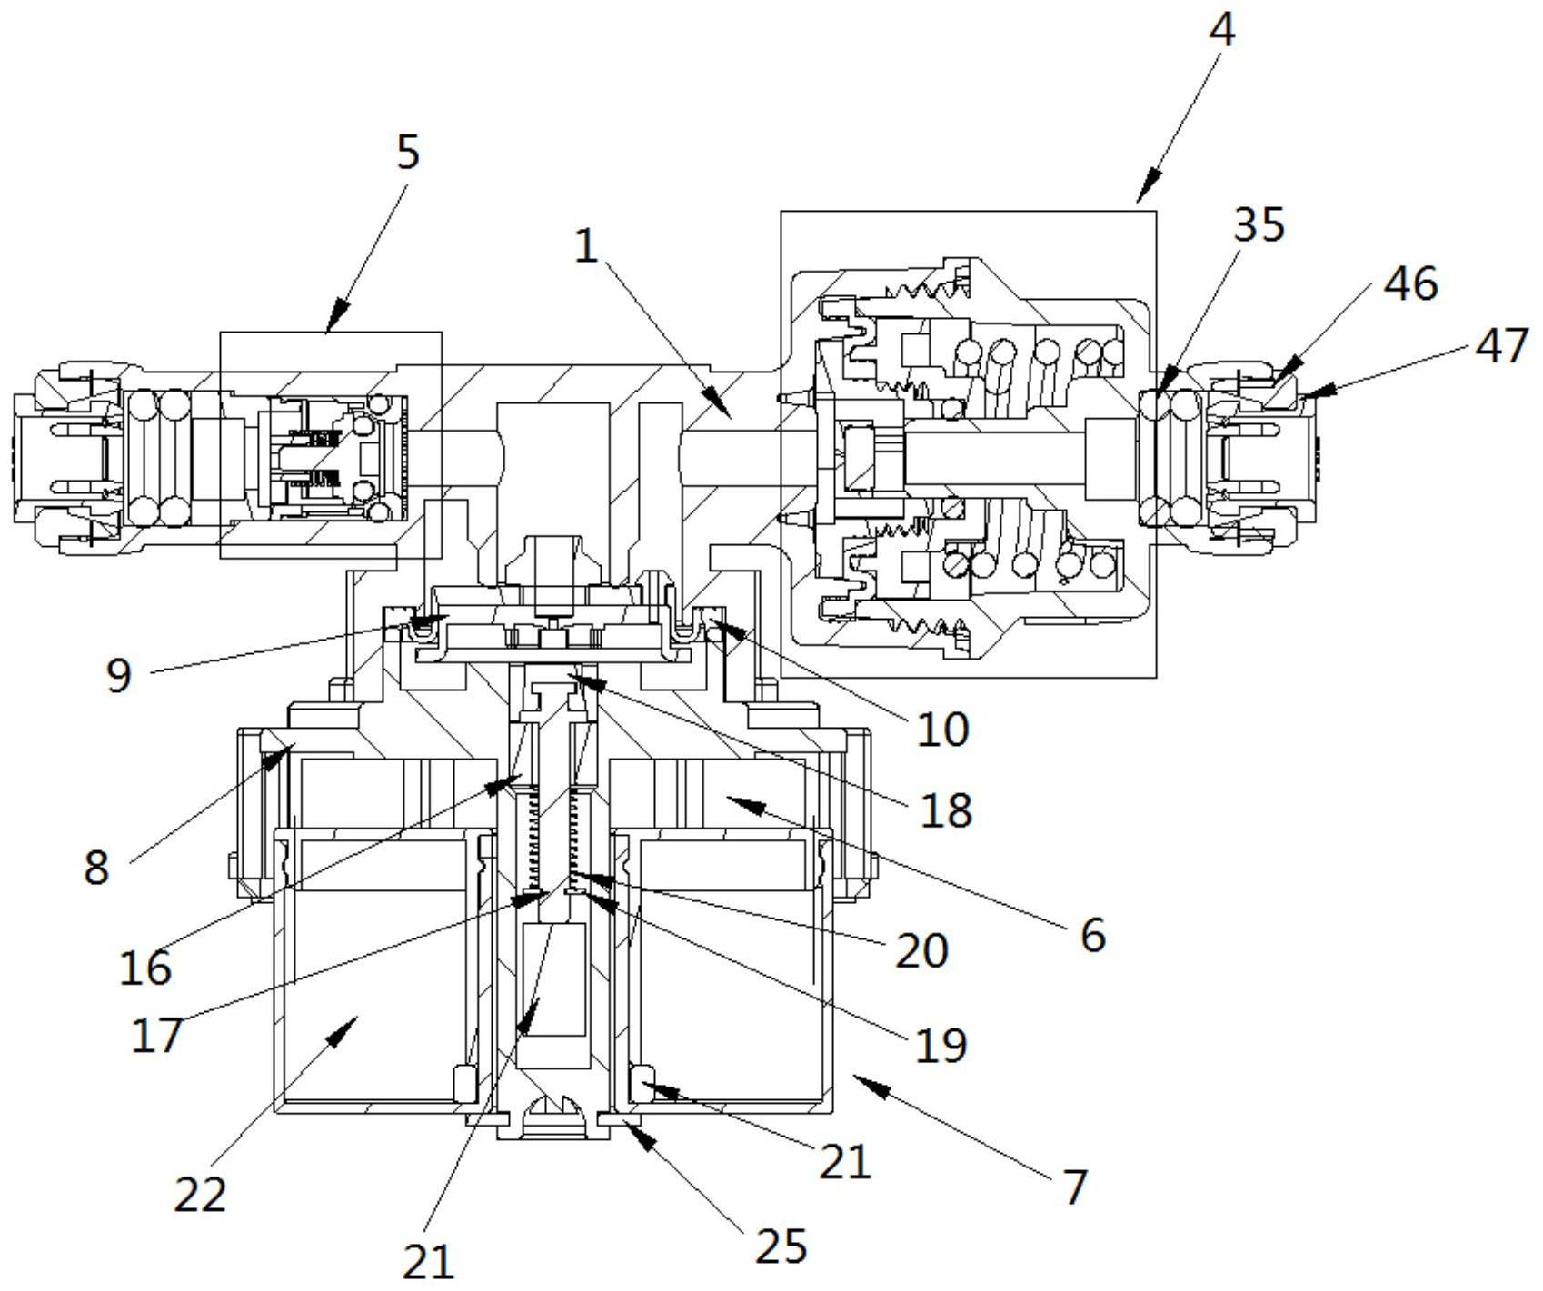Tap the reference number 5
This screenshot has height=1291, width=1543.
[x=408, y=152]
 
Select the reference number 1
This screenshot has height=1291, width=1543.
[x=587, y=246]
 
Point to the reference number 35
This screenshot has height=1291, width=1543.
[x=1258, y=224]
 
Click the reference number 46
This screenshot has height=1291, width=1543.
[x=1410, y=283]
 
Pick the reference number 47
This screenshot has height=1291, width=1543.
[x=1503, y=346]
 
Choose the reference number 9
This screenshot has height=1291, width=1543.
[x=119, y=675]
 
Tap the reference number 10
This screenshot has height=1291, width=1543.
[x=943, y=728]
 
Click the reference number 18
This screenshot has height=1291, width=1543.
[x=946, y=809]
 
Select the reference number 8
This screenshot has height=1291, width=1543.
[x=96, y=867]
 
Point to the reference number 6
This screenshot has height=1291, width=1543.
[x=1092, y=933]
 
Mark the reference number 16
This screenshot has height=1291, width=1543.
[x=145, y=968]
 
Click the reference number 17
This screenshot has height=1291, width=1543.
[x=157, y=1035]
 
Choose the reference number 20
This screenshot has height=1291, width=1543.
[x=921, y=950]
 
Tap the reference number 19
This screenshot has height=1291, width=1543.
[x=941, y=1045]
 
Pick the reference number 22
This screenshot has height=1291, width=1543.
[x=200, y=1194]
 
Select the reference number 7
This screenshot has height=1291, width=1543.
[x=1074, y=1187]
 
